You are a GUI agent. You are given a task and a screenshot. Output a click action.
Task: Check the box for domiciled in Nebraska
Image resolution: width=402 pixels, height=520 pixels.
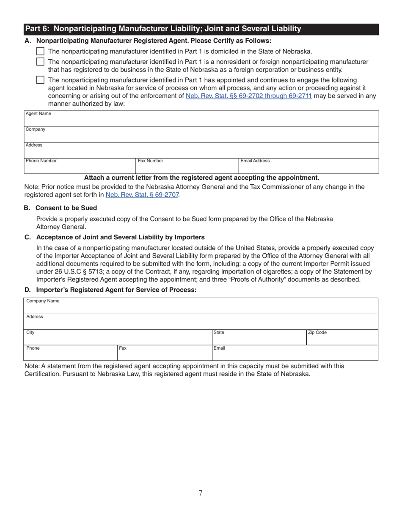[x=40, y=51]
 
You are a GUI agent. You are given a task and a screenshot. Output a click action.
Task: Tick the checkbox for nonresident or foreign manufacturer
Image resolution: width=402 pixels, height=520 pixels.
[x=40, y=61]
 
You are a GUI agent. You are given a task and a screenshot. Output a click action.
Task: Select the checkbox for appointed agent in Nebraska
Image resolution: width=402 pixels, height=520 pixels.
[x=40, y=80]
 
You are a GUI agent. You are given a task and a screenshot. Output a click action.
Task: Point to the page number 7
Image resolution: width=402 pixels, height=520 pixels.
[x=201, y=493]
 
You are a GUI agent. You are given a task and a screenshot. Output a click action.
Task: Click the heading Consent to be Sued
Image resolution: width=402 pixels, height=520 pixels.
[x=66, y=208]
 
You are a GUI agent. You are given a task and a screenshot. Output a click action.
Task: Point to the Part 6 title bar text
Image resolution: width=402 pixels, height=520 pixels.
[x=163, y=29]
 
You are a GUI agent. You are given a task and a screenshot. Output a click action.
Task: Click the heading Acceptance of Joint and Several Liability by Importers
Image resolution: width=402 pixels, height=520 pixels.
[x=120, y=237]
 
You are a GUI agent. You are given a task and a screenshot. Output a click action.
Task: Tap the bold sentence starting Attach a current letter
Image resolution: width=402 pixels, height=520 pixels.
[x=201, y=178]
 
